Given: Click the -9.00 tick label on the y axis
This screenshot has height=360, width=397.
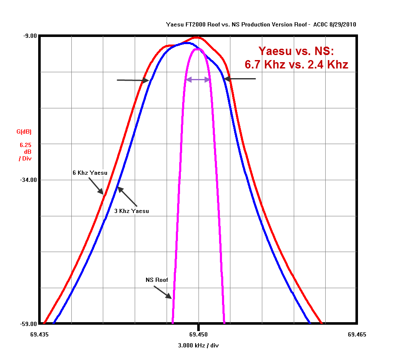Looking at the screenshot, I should [x=30, y=36].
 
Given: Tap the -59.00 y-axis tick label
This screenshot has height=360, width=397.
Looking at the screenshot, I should [x=29, y=324].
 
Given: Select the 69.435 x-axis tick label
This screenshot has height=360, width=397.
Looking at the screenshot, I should [x=39, y=335].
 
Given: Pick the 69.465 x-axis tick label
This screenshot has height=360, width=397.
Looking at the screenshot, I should [x=357, y=335].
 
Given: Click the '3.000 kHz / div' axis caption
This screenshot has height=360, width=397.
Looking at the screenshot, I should [x=198, y=346].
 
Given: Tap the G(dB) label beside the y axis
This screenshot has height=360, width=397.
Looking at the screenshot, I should [x=24, y=132].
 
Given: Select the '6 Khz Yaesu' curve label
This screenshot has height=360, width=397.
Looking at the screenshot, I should [x=89, y=173].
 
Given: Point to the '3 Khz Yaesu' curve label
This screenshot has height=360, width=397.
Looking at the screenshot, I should [x=131, y=211].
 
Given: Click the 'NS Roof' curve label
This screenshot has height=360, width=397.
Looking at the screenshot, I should [x=157, y=280].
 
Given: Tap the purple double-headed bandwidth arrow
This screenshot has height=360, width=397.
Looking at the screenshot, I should [x=198, y=79].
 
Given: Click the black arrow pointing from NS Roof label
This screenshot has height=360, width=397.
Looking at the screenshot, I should [x=163, y=292].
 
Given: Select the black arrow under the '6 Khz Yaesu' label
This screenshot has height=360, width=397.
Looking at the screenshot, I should [x=95, y=186].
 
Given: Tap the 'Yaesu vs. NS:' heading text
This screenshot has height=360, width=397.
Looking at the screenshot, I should [x=296, y=51].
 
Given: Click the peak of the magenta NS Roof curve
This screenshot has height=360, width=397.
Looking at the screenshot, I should [x=198, y=49].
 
